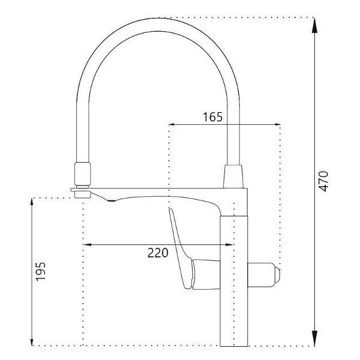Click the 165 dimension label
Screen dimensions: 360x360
212,117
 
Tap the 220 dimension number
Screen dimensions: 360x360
158,253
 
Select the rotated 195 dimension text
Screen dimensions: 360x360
41,272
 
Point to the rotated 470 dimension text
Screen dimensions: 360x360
324,181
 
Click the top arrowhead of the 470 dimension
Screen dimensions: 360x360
315,25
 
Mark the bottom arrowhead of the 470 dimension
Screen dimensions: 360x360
315,338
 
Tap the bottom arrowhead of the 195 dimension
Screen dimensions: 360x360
32,341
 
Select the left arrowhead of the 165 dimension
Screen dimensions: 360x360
173,124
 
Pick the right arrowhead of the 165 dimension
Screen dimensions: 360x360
277,124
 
